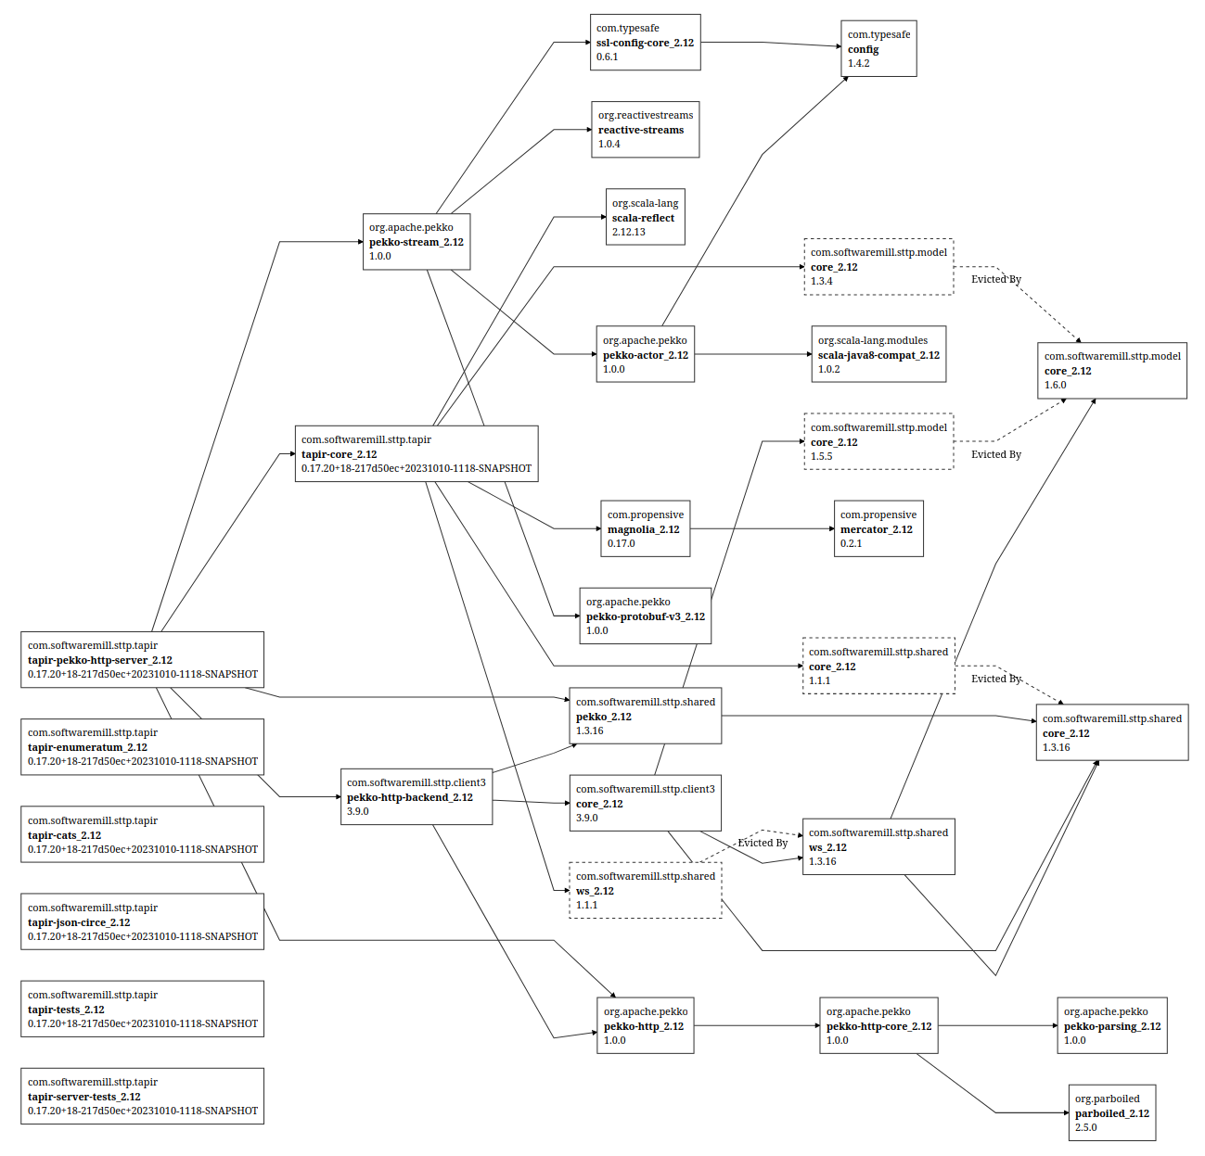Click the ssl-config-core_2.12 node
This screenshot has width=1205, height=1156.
(645, 43)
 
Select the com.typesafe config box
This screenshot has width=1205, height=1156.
(878, 49)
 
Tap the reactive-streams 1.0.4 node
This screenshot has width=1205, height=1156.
(645, 130)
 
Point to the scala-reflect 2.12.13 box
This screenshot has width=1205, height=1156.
(645, 218)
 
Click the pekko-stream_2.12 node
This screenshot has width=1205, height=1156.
(416, 242)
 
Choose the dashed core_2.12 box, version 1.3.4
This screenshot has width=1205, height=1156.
(878, 267)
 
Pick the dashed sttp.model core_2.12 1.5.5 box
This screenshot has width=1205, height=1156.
(878, 442)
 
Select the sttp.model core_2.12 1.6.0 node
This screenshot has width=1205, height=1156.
(1111, 371)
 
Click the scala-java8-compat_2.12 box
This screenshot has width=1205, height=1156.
(878, 354)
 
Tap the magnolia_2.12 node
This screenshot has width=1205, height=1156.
(645, 529)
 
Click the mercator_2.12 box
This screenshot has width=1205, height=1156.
(878, 529)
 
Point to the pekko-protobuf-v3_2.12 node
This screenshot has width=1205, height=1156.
(645, 616)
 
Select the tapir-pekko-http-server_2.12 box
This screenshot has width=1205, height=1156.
(142, 660)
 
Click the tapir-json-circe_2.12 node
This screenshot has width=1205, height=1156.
(142, 922)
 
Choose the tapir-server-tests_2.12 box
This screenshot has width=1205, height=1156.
(142, 1097)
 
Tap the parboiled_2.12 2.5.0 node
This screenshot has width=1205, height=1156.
(1111, 1113)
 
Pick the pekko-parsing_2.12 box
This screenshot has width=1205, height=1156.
(1111, 1026)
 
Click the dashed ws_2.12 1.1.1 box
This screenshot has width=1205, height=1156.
(645, 891)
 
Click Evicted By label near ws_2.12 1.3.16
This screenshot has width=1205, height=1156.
(763, 843)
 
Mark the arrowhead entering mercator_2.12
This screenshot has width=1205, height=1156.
(831, 529)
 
